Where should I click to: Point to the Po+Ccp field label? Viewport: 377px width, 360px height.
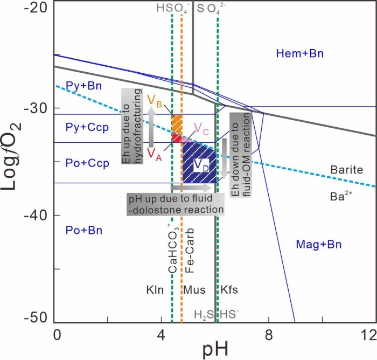pos(87,163)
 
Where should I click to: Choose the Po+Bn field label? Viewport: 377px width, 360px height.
pos(84,231)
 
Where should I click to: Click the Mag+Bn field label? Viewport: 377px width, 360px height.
pos(319,245)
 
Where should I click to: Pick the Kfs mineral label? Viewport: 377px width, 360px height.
pos(229,289)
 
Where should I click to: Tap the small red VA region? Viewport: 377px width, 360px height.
pos(176,138)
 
